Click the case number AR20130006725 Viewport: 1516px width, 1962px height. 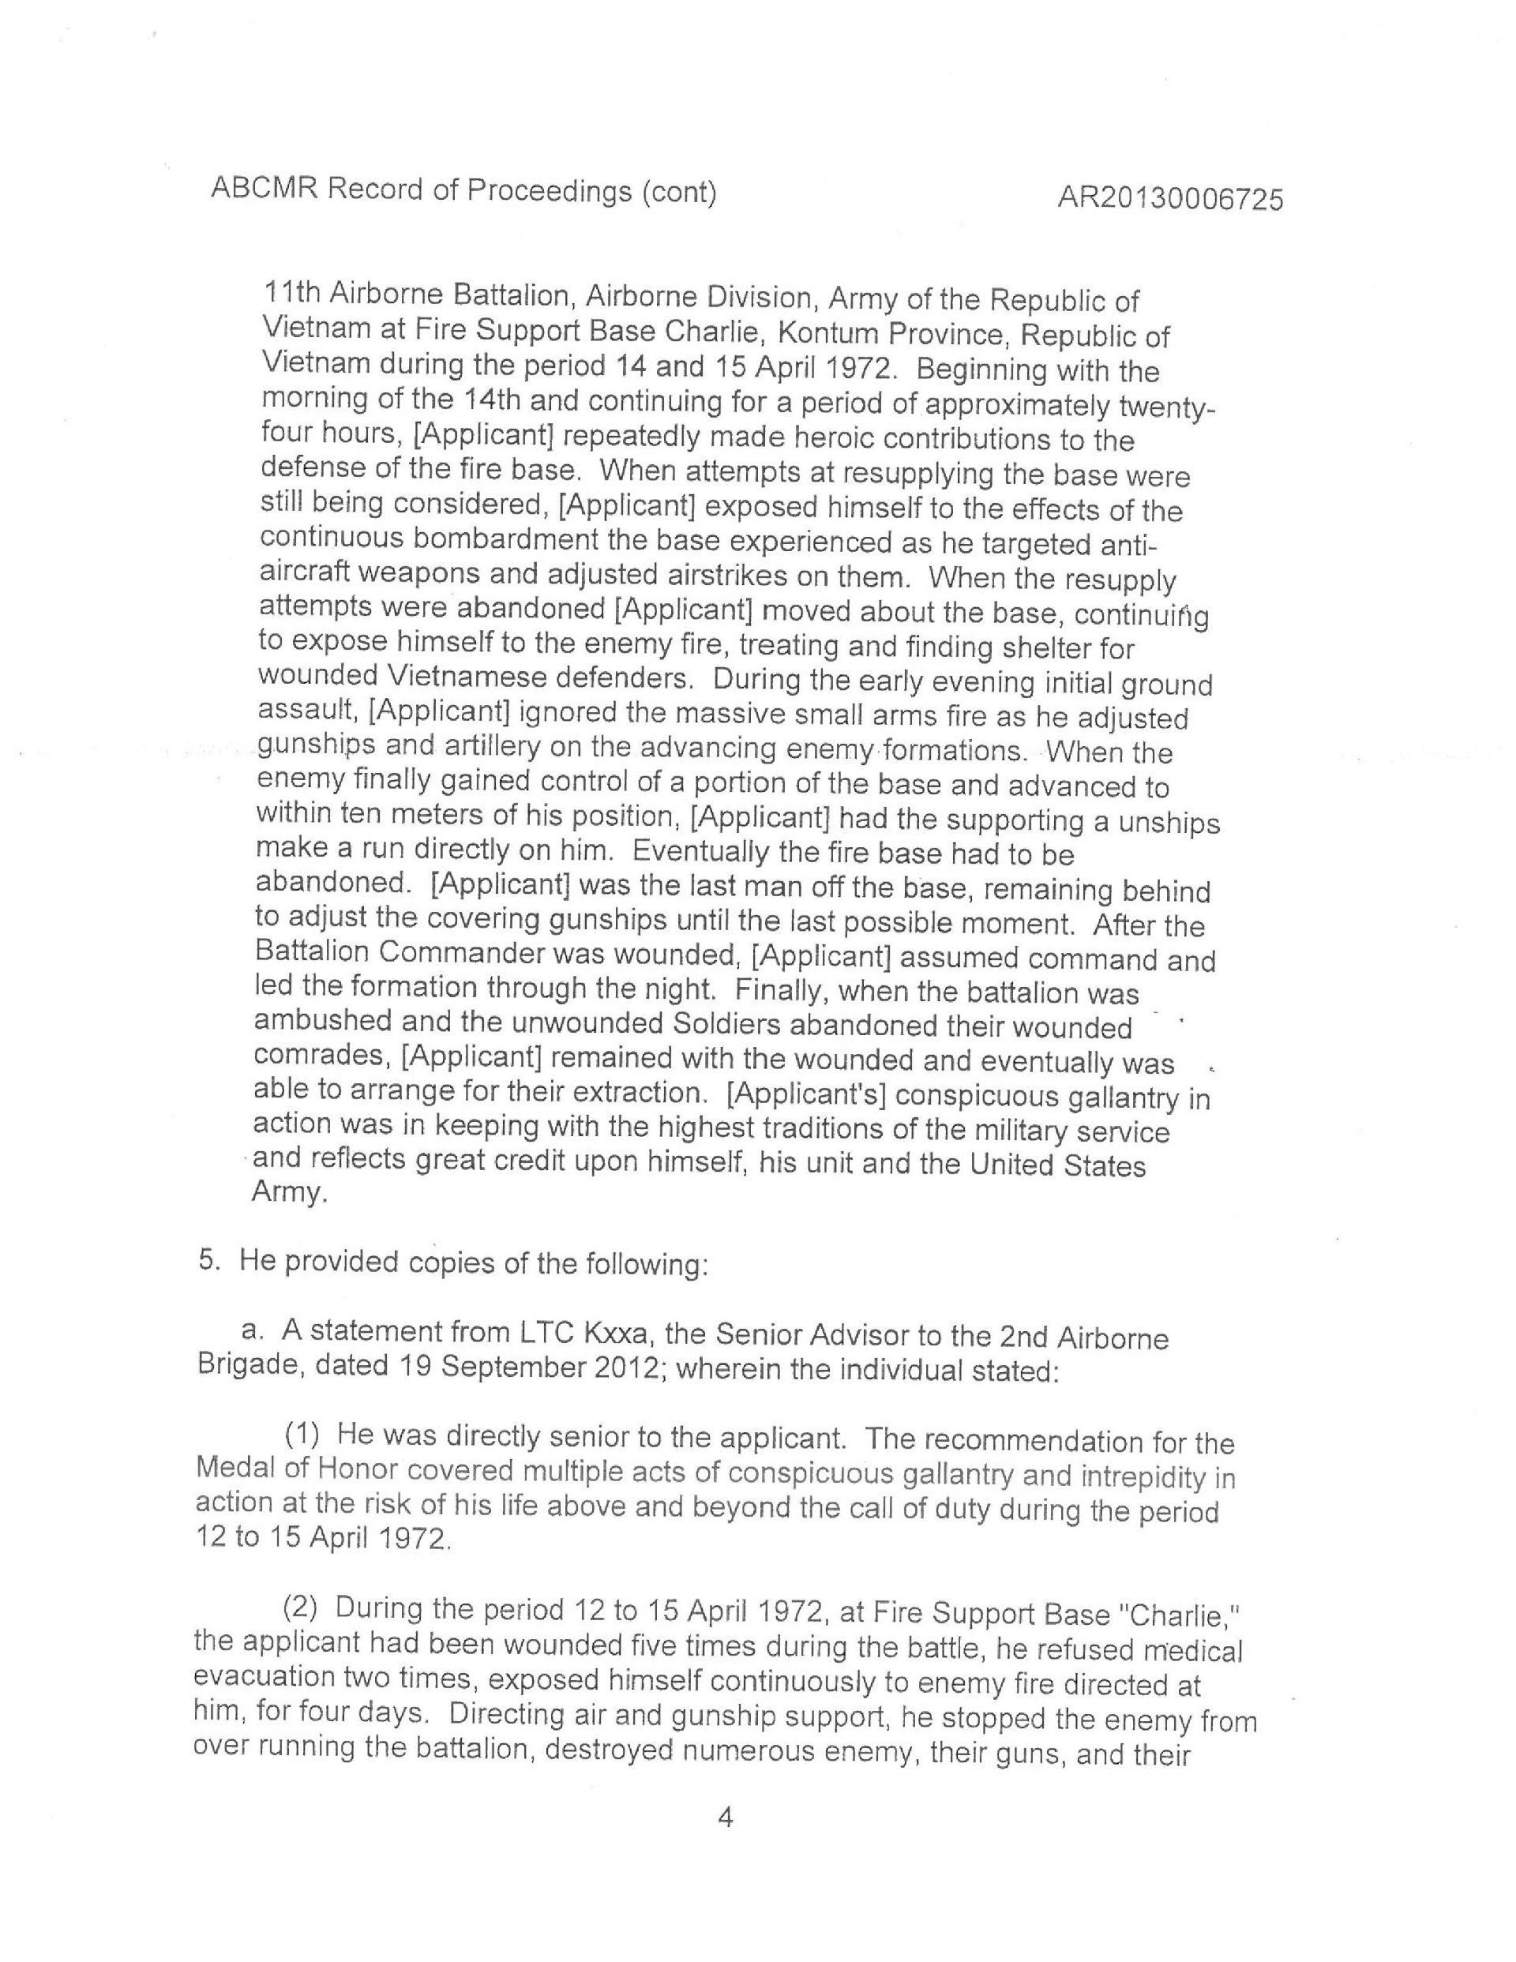coord(1169,198)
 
